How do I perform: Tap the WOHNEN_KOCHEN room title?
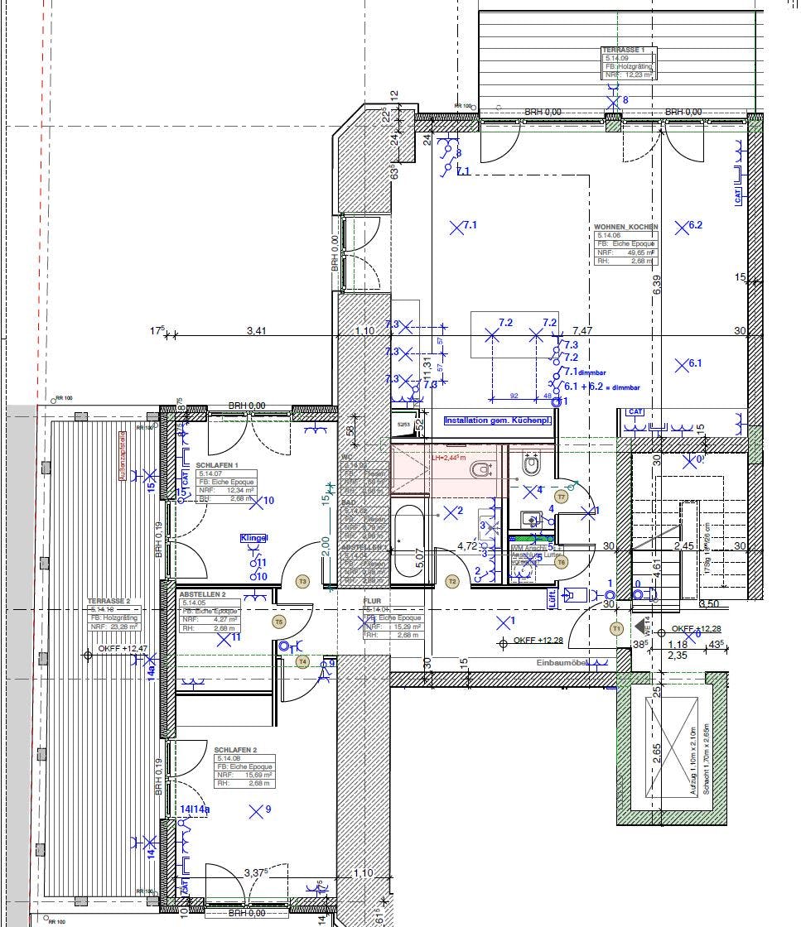coord(625,227)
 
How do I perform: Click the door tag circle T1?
coord(616,629)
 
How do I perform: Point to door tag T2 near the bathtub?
coord(452,582)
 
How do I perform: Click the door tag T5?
coord(278,621)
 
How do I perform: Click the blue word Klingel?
coord(254,538)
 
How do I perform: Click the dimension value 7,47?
coord(584,330)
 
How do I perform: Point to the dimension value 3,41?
coord(257,331)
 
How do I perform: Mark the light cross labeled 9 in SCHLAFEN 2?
coord(259,809)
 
